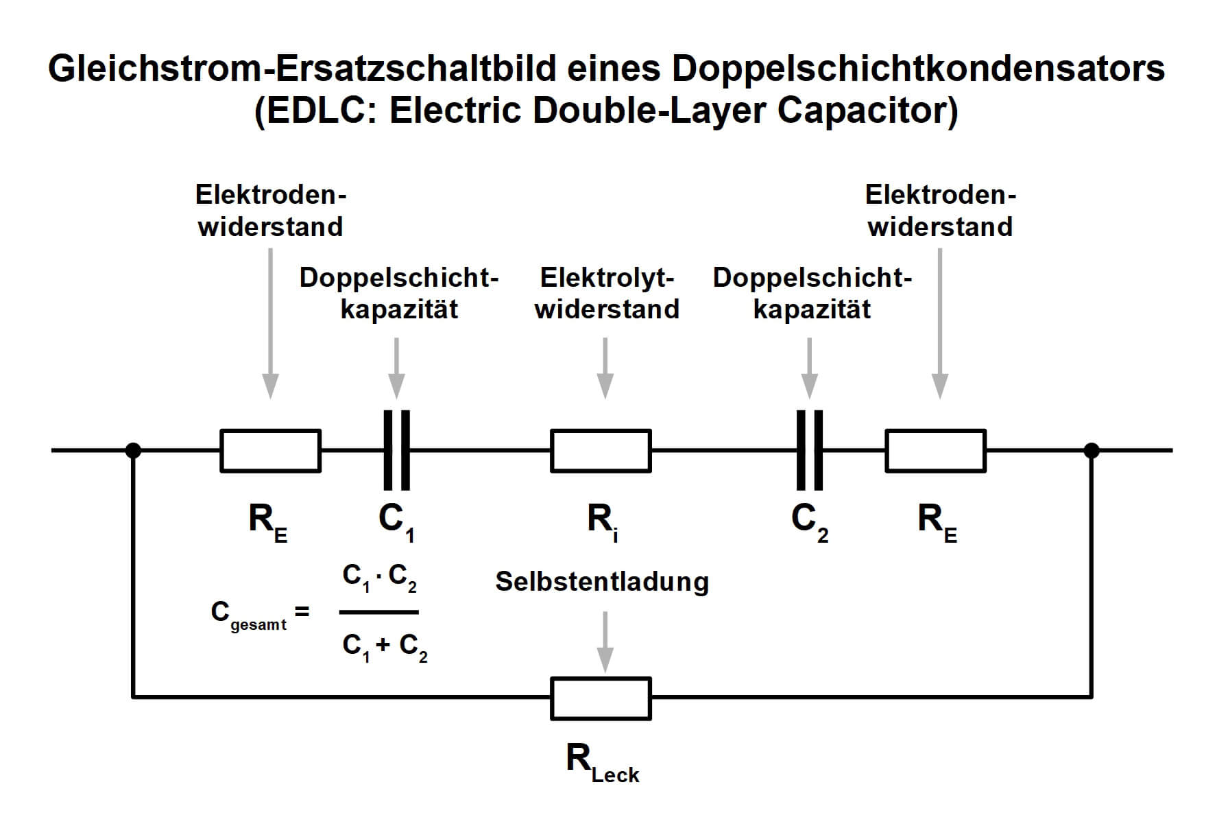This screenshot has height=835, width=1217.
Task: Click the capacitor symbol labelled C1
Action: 396,450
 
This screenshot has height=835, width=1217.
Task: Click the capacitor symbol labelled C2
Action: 809,450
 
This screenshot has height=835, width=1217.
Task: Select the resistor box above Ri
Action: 601,451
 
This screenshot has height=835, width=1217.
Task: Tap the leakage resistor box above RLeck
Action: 601,698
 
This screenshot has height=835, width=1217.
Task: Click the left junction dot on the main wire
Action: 134,451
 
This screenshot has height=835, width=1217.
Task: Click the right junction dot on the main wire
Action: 1092,451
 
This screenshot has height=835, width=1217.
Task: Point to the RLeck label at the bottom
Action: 602,763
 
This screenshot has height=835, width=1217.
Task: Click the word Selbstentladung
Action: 602,582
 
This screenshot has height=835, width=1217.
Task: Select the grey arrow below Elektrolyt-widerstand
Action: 605,367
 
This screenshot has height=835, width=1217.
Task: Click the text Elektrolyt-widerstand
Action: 607,294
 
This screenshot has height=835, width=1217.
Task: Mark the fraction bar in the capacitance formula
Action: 379,612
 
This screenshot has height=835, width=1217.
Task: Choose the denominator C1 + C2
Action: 385,646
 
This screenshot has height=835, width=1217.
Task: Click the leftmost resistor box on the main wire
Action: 270,451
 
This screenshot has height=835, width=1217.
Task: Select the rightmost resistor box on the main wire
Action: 935,451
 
